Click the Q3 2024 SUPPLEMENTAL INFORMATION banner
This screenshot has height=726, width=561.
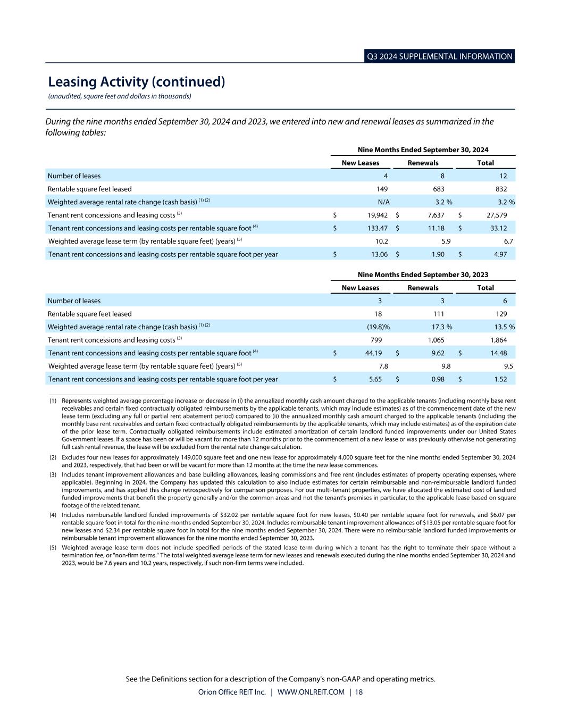pos(440,56)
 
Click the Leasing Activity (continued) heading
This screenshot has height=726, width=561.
pos(137,82)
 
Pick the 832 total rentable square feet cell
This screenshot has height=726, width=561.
pos(501,189)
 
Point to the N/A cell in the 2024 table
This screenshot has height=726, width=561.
pos(383,202)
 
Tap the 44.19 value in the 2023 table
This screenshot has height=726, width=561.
pos(372,353)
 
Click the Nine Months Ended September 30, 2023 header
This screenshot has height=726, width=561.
pos(423,275)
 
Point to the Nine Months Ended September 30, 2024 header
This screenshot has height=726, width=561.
pos(423,150)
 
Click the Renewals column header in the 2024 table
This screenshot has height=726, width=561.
pos(423,163)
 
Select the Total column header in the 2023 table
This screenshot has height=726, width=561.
pos(485,288)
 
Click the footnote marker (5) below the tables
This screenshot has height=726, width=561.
pos(53,547)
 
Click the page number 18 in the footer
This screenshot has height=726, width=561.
pos(359,692)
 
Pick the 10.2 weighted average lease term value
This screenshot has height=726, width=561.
pos(381,241)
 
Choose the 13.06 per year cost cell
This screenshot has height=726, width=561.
pos(379,254)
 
